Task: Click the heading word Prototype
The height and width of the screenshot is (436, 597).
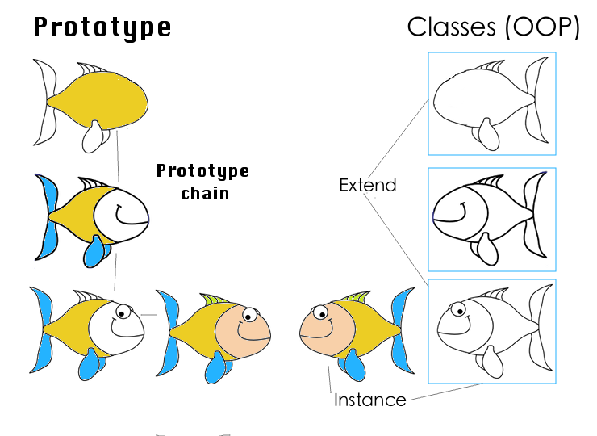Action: point(102,27)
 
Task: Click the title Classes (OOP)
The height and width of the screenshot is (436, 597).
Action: point(494,27)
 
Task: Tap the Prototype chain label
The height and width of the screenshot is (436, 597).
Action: point(202,182)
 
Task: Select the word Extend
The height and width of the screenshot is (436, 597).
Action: point(368,185)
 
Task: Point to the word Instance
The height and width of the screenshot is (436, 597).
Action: point(369,400)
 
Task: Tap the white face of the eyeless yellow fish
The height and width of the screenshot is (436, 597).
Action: point(121,212)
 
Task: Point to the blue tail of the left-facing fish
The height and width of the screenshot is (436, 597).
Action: point(401,331)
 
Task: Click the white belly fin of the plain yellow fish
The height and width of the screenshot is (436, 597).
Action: point(94,136)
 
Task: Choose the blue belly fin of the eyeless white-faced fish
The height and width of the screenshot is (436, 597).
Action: point(95,250)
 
